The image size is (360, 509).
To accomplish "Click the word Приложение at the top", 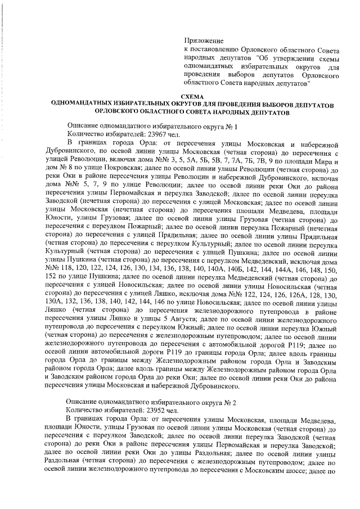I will pos(204,40).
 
